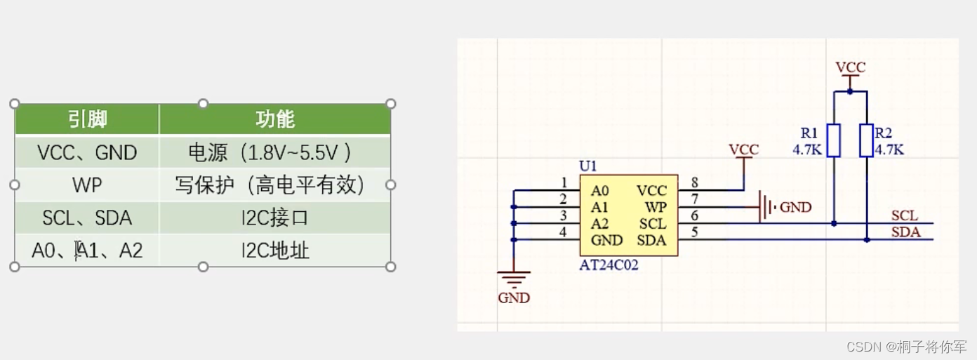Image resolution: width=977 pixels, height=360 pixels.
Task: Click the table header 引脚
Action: pyautogui.click(x=87, y=119)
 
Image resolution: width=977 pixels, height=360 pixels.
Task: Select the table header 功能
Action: pyautogui.click(x=274, y=119)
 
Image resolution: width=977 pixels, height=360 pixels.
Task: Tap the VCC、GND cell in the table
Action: pyautogui.click(x=87, y=152)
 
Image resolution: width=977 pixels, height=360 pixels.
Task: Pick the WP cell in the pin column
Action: pyautogui.click(x=87, y=185)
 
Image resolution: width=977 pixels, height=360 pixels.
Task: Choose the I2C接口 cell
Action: pyautogui.click(x=274, y=218)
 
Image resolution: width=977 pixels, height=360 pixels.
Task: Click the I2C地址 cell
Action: pyautogui.click(x=274, y=251)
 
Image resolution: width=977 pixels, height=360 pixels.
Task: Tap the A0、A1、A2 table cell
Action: pyautogui.click(x=87, y=251)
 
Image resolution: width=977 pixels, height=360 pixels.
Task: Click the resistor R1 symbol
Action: pyautogui.click(x=833, y=140)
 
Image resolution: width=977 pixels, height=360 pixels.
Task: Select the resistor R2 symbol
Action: pyautogui.click(x=867, y=140)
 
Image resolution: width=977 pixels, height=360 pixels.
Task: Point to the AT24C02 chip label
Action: pyautogui.click(x=609, y=266)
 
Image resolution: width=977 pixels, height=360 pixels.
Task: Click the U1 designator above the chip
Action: pyautogui.click(x=587, y=166)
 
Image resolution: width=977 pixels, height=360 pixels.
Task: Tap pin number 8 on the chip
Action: pyautogui.click(x=694, y=183)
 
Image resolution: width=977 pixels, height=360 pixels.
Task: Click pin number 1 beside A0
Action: pyautogui.click(x=564, y=183)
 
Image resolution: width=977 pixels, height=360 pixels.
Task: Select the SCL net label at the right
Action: pyautogui.click(x=905, y=215)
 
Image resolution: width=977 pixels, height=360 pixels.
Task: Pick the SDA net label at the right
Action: pyautogui.click(x=905, y=232)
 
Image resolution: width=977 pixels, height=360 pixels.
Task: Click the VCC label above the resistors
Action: pyautogui.click(x=850, y=67)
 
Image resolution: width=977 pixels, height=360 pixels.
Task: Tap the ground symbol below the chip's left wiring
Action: pyautogui.click(x=514, y=279)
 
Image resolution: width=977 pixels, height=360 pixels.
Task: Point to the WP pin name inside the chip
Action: pyautogui.click(x=656, y=208)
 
